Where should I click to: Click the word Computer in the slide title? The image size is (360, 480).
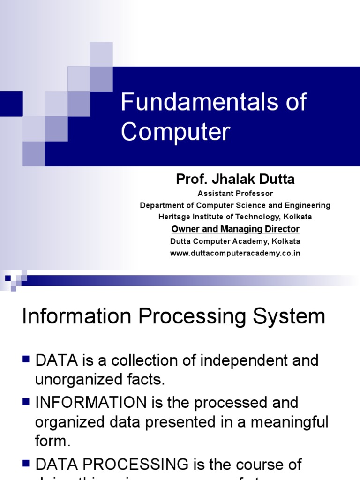tap(176, 132)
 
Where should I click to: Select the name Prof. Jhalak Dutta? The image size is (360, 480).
tap(235, 179)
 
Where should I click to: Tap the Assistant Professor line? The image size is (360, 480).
tap(235, 193)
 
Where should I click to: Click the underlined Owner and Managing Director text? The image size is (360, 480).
tap(235, 229)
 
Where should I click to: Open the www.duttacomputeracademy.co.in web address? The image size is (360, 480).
tap(235, 253)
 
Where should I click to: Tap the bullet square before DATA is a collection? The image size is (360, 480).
tap(26, 360)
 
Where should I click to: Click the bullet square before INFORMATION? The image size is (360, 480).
tap(26, 401)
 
